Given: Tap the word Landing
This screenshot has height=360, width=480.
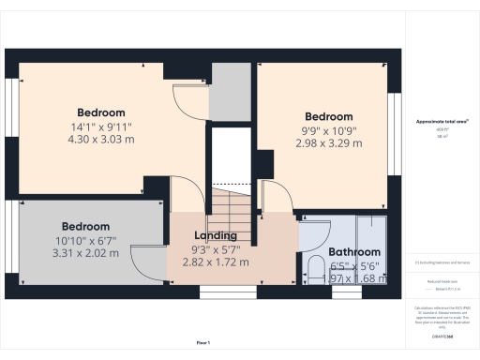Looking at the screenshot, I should pyautogui.click(x=215, y=235).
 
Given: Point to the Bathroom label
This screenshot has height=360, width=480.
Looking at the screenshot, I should pyautogui.click(x=354, y=252).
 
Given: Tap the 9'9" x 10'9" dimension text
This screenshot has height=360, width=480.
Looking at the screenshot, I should pyautogui.click(x=328, y=130).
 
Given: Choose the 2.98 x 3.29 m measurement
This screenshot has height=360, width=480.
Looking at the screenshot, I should pyautogui.click(x=328, y=143).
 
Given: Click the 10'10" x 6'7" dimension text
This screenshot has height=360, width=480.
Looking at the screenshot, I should pyautogui.click(x=85, y=240).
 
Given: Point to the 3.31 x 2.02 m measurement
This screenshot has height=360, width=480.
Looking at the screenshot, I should pyautogui.click(x=85, y=253).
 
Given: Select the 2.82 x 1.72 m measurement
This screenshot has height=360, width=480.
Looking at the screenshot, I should pyautogui.click(x=215, y=262).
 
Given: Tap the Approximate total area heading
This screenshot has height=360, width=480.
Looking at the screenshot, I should pyautogui.click(x=441, y=123).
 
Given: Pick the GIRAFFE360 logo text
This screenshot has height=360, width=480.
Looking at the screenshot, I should pyautogui.click(x=441, y=335).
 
